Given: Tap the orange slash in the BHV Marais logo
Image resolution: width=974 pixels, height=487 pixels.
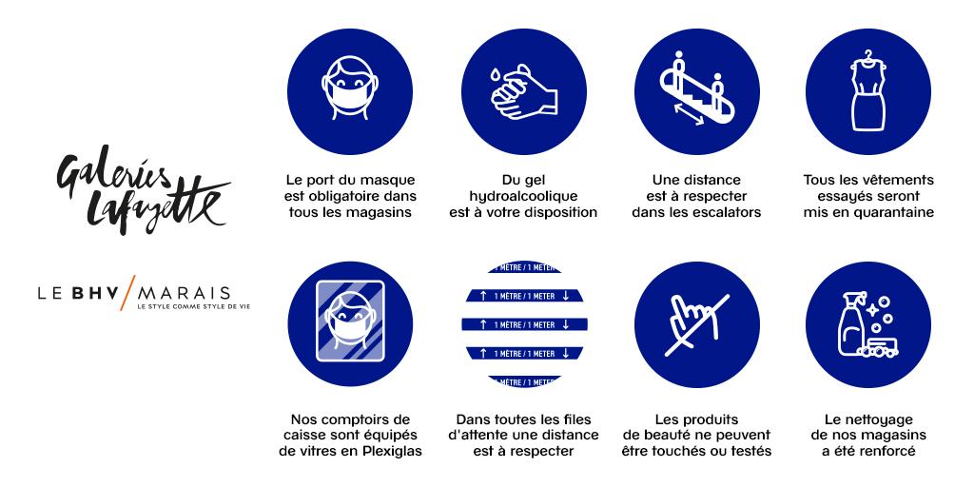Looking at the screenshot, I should [128, 292].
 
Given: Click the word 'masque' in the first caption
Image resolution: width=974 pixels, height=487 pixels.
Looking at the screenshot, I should [390, 180].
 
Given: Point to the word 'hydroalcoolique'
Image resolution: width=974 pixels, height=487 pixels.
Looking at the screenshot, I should [523, 196].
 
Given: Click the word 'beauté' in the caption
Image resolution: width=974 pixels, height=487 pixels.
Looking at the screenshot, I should [686, 435].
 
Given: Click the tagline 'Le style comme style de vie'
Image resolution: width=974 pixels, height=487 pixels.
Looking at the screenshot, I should [194, 306].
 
